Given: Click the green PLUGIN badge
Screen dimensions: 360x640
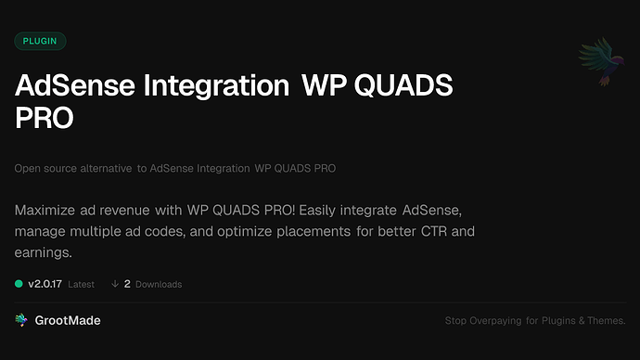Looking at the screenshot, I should [x=40, y=41].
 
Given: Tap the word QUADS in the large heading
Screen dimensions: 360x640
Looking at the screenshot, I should [x=405, y=86].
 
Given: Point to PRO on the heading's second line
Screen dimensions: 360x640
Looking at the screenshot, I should [x=44, y=119].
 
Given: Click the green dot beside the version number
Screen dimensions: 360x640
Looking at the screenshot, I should [x=19, y=284].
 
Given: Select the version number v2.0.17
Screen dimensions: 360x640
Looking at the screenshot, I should [x=45, y=284].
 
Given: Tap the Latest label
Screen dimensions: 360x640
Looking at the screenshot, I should [x=81, y=284].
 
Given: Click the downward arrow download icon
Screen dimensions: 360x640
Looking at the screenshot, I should [x=115, y=284].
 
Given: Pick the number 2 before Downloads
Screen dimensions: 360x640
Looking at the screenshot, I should [x=127, y=284].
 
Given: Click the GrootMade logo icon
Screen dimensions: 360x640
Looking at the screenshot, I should [x=21, y=320].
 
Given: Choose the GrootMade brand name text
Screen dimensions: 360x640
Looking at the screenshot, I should [x=70, y=320].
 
